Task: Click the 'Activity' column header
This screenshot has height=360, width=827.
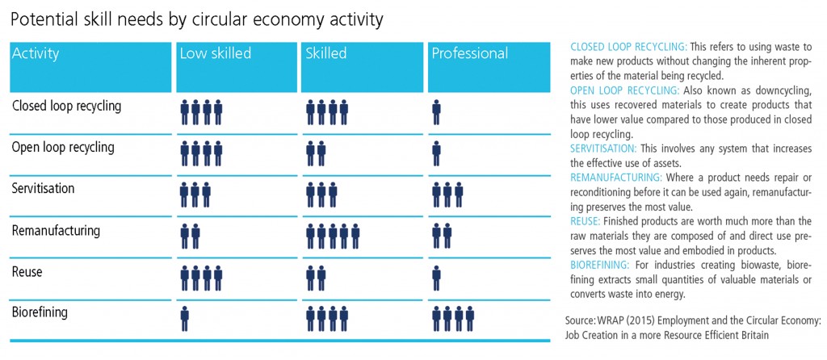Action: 35,54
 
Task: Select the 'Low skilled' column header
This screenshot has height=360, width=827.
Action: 215,54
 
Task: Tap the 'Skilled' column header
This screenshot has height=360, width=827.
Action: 326,54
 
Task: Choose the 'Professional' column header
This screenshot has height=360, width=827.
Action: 470,54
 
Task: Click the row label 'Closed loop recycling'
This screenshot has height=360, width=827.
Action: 66,106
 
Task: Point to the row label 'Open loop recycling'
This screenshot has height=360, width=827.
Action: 63,148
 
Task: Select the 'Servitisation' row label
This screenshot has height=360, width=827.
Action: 43,188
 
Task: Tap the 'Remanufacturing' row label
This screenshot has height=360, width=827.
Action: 56,230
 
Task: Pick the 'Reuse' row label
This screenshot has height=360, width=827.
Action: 27,272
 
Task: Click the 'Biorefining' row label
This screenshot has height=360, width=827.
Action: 40,312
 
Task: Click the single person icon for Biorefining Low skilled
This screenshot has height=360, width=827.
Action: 185,318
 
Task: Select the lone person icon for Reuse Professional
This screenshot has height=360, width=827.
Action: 437,277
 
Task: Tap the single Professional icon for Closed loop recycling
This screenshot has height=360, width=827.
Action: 437,111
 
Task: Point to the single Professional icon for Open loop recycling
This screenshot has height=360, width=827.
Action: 437,153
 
